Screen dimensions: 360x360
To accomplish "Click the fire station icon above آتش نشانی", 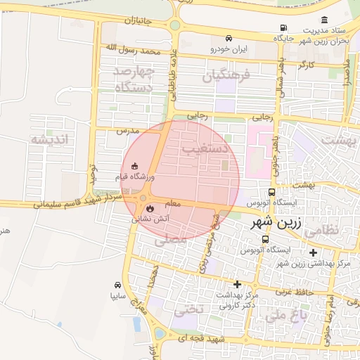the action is pyautogui.click(x=150, y=208).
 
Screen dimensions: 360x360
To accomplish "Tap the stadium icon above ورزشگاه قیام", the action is pyautogui.click(x=124, y=166).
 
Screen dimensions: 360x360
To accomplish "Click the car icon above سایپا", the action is pyautogui.click(x=117, y=285).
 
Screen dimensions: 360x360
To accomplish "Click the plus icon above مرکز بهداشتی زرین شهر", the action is pyautogui.click(x=313, y=252).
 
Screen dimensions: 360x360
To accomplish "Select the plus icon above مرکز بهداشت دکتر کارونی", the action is pyautogui.click(x=237, y=285).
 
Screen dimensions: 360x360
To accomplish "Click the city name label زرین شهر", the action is pyautogui.click(x=276, y=226).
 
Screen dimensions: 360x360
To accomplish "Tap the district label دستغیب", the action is pyautogui.click(x=203, y=149).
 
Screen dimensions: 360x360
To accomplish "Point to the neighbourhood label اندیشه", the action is pyautogui.click(x=50, y=139).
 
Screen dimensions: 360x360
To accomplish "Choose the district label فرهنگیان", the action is pyautogui.click(x=226, y=76).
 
